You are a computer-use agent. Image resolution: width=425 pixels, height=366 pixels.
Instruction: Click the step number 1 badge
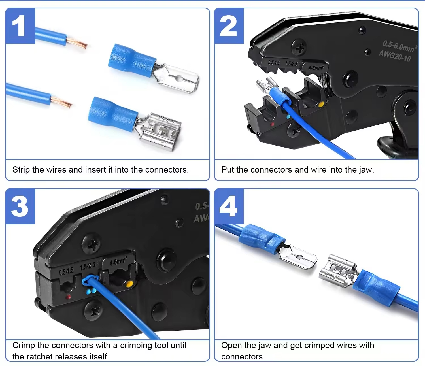click(20, 26)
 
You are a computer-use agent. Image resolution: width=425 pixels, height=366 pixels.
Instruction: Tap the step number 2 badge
click(229, 26)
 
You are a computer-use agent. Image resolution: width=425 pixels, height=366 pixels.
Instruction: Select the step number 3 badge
click(20, 207)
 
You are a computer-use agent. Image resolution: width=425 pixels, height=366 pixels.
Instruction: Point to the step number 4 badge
click(229, 207)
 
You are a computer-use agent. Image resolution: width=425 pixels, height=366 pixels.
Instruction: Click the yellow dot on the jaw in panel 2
click(321, 105)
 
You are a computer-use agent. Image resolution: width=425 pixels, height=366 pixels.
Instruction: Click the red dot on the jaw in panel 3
click(68, 297)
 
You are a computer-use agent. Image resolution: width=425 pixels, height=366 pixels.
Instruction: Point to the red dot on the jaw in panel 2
click(272, 124)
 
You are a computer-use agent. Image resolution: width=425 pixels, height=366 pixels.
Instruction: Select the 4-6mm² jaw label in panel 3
click(118, 261)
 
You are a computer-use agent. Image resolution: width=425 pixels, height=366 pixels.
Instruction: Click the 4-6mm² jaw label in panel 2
click(316, 68)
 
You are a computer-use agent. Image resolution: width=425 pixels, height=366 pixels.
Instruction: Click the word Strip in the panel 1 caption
click(21, 170)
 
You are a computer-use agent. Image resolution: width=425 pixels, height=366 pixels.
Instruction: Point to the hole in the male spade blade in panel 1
click(178, 78)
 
